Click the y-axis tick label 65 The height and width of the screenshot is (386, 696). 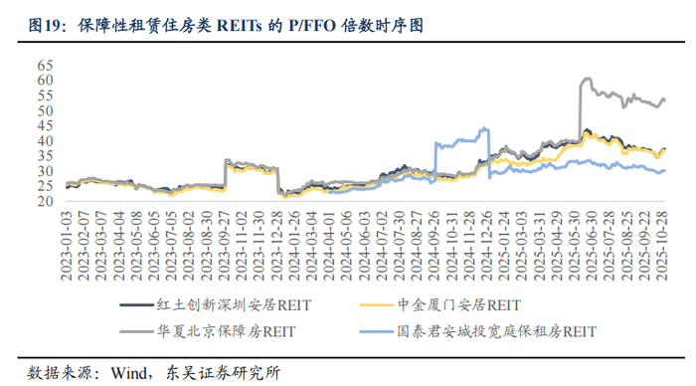(45, 65)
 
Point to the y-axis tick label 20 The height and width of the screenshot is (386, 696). (45, 201)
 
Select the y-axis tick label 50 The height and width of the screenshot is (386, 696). (45, 110)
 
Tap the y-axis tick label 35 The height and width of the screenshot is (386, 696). (45, 156)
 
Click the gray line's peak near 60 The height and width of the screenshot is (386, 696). (587, 79)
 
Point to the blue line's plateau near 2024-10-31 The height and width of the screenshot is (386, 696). (457, 143)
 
